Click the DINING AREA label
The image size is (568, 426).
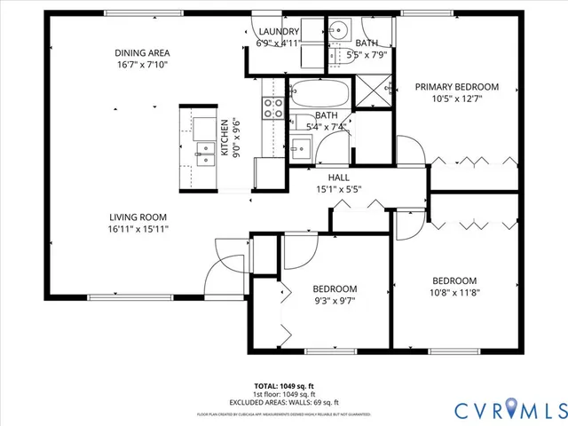(x=142, y=51)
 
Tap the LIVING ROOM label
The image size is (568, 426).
(x=138, y=217)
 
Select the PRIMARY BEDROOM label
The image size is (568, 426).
(x=457, y=87)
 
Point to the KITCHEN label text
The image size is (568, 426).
(x=225, y=138)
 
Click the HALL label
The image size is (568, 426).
(x=326, y=176)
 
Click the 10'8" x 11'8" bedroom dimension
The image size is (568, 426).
(x=454, y=292)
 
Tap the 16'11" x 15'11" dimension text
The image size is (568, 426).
(x=138, y=228)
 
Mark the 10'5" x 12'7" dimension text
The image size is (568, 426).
(x=457, y=99)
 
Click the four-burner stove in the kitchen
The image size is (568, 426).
(x=273, y=108)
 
